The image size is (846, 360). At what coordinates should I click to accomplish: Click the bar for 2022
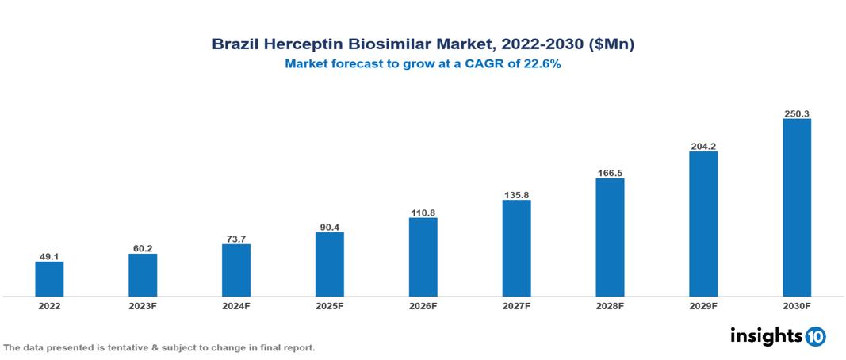(49, 279)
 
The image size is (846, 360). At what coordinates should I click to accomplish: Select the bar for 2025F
(329, 264)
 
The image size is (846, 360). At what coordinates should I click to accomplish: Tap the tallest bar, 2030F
(796, 208)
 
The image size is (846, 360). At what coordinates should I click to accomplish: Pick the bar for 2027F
(516, 248)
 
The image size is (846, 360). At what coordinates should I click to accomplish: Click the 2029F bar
(702, 224)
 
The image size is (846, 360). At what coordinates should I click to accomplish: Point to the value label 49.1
(49, 256)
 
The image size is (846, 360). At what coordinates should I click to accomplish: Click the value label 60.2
(143, 248)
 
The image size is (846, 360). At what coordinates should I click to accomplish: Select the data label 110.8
(423, 213)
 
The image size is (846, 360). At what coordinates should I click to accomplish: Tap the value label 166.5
(610, 173)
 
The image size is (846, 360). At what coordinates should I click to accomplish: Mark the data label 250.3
(796, 113)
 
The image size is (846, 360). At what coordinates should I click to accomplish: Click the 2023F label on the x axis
(143, 305)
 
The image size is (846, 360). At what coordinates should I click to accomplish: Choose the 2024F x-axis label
(236, 305)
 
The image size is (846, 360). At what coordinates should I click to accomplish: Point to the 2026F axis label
(423, 305)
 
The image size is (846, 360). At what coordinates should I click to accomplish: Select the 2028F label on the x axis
(610, 305)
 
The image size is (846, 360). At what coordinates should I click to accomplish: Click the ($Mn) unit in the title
(610, 45)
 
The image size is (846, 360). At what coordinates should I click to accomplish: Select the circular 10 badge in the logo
(815, 337)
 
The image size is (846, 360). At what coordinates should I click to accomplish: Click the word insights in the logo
(766, 335)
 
